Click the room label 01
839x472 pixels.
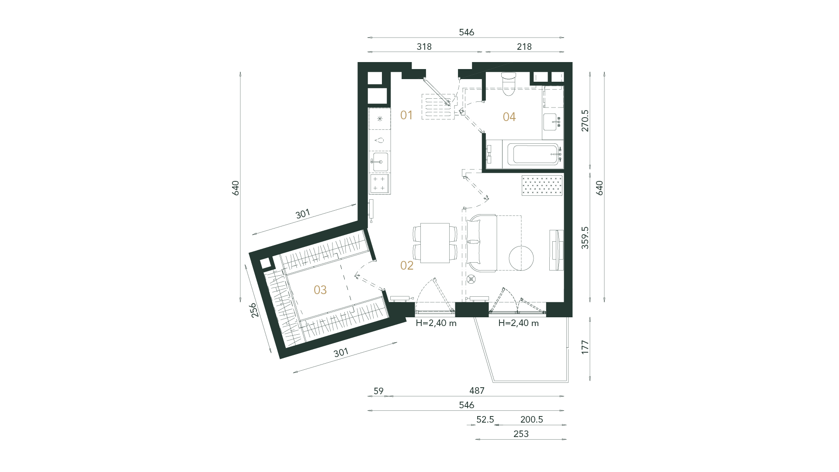point(406,115)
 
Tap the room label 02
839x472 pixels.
point(407,265)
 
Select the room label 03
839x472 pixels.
point(320,290)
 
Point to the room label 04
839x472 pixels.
point(509,117)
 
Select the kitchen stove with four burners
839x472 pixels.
point(380,183)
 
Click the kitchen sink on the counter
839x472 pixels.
point(380,161)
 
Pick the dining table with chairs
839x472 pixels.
point(435,243)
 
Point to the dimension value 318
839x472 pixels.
point(424,47)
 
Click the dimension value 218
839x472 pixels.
point(524,47)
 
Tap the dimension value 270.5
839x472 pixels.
point(585,121)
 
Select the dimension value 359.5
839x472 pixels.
point(585,238)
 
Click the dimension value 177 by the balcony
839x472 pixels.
point(585,347)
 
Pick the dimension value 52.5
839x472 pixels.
point(485,420)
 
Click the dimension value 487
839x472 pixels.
point(476,391)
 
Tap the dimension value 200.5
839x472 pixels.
point(531,420)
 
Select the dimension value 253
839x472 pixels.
point(521,434)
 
